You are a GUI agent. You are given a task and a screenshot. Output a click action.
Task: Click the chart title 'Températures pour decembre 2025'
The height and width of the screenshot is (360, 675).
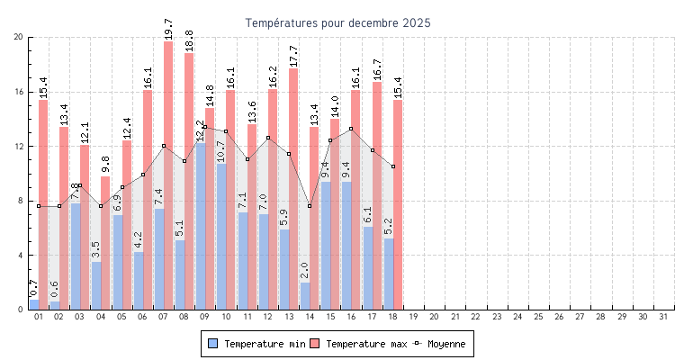pyautogui.click(x=337, y=22)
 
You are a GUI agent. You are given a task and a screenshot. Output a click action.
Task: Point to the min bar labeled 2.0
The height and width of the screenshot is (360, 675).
pyautogui.click(x=305, y=296)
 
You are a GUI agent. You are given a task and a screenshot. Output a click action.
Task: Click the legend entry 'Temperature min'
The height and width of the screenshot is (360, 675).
pyautogui.click(x=256, y=344)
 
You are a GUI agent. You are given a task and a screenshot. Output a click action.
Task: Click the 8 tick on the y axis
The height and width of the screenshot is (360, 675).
pyautogui.click(x=20, y=201)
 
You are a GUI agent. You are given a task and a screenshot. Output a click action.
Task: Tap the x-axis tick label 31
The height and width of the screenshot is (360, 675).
pyautogui.click(x=663, y=317)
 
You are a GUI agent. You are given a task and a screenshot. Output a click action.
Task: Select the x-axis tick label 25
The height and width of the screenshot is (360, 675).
pyautogui.click(x=538, y=317)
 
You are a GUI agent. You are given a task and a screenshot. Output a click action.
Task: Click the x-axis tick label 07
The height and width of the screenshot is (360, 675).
pyautogui.click(x=163, y=317)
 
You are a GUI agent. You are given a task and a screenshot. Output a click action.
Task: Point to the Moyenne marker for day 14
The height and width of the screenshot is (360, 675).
pyautogui.click(x=310, y=206)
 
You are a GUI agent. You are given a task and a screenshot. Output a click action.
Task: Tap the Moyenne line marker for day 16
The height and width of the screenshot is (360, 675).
pyautogui.click(x=351, y=129)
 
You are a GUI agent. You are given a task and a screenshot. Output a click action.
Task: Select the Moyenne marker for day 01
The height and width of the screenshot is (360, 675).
pyautogui.click(x=39, y=206)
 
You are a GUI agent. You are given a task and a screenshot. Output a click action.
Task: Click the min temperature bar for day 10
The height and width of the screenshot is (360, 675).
pyautogui.click(x=220, y=237)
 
